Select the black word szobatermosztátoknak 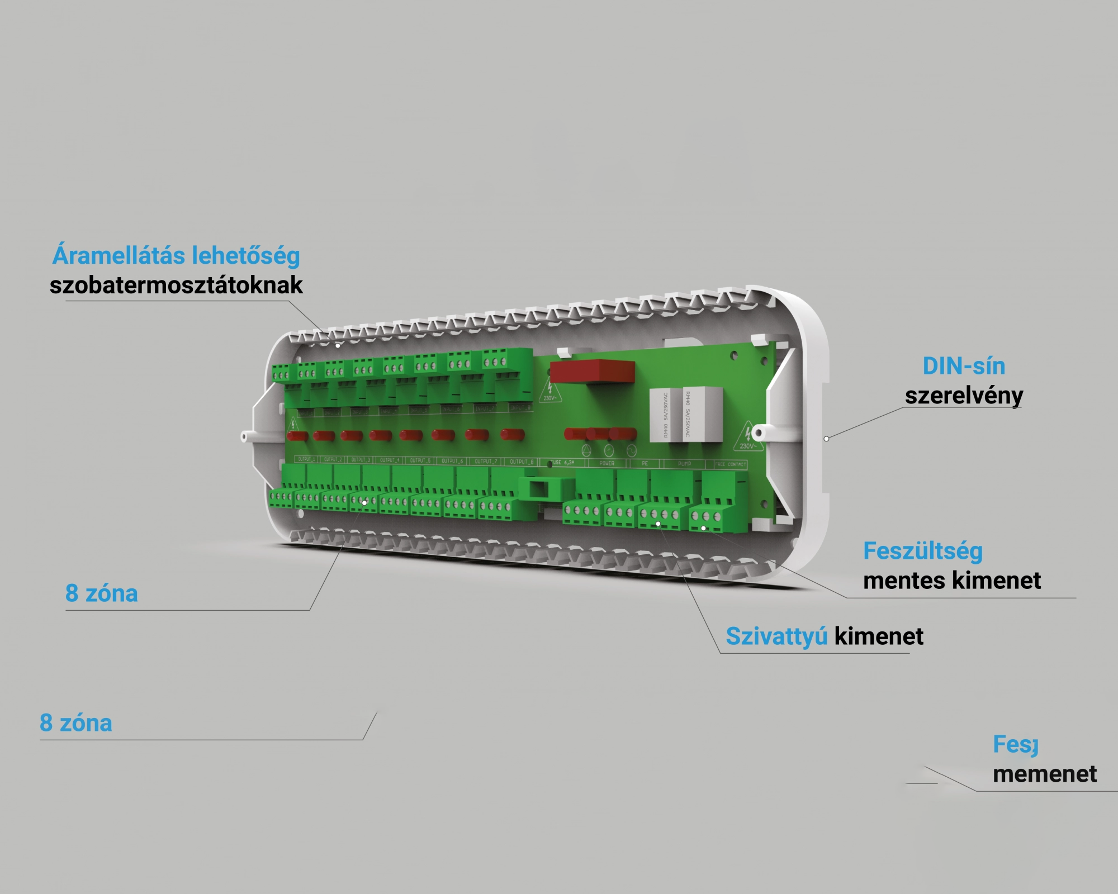pos(176,286)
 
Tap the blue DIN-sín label pos(964,367)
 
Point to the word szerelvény pos(964,396)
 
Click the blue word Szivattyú pos(776,636)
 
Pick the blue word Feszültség pos(923,551)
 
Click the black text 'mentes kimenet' pos(952,581)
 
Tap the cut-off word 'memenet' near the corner pos(1044,774)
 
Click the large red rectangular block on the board pos(592,372)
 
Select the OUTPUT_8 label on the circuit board pos(522,462)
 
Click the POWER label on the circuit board pos(607,463)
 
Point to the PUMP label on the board pos(684,464)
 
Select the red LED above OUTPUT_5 pos(411,435)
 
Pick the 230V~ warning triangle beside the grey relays pos(747,438)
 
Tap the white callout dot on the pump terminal pos(659,524)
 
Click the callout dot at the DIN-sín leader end pos(827,439)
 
